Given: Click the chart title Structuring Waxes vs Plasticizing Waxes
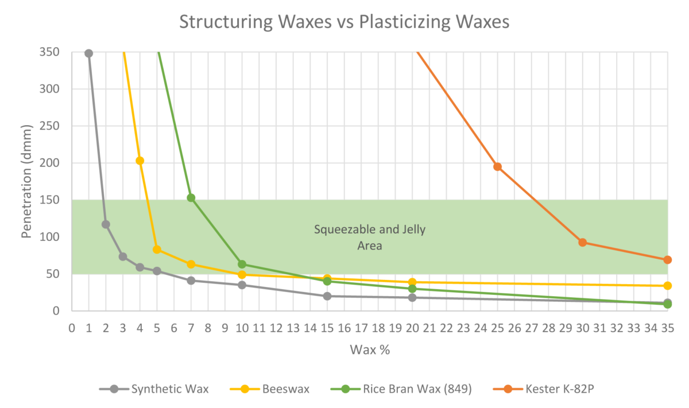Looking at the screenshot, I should [344, 21].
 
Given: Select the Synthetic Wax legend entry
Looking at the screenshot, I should [170, 389].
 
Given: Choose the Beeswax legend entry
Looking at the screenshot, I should [285, 389].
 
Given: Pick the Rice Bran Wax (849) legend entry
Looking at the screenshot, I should [416, 389].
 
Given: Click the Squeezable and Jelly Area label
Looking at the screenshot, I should [369, 238].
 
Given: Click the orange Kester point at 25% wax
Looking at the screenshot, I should [497, 167].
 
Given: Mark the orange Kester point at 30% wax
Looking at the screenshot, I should [582, 242].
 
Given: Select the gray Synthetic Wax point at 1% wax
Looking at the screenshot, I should [88, 53].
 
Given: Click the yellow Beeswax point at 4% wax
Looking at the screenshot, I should [140, 161].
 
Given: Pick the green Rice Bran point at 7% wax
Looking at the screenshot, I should [191, 198].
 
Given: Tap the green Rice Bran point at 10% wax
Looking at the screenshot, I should [242, 265].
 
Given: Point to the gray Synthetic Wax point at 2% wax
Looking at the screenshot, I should [106, 224].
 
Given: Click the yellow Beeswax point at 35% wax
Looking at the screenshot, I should [667, 286].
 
